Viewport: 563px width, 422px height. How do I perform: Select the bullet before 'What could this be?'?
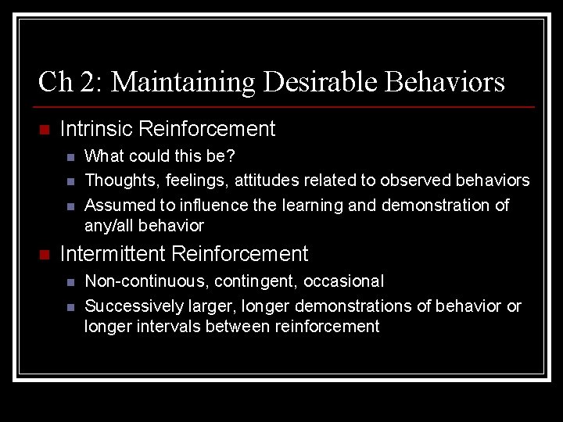click(70, 157)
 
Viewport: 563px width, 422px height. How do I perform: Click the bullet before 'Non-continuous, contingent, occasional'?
click(70, 282)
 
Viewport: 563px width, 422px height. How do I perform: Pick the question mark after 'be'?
click(231, 156)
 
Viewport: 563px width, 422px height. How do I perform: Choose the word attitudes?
click(265, 181)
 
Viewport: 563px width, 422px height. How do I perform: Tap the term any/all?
click(109, 227)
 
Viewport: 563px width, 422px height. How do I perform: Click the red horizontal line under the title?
click(285, 106)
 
